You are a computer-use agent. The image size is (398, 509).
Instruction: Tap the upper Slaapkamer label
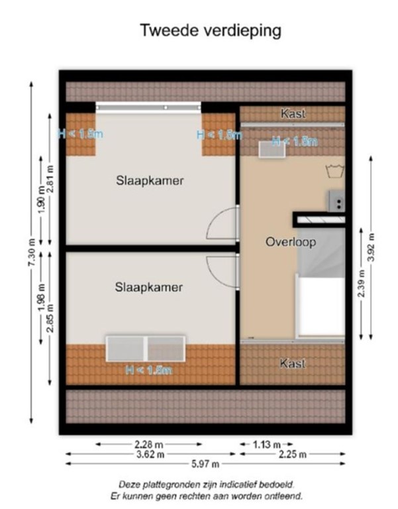[150, 180]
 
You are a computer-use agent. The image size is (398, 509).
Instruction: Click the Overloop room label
[291, 242]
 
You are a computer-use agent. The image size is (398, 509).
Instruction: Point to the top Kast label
[293, 114]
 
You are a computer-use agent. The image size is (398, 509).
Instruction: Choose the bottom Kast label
[293, 363]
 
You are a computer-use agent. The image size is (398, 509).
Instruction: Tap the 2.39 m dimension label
[361, 284]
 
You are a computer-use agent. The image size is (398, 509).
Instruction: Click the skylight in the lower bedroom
[146, 349]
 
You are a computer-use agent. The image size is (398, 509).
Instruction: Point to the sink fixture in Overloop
[336, 199]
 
